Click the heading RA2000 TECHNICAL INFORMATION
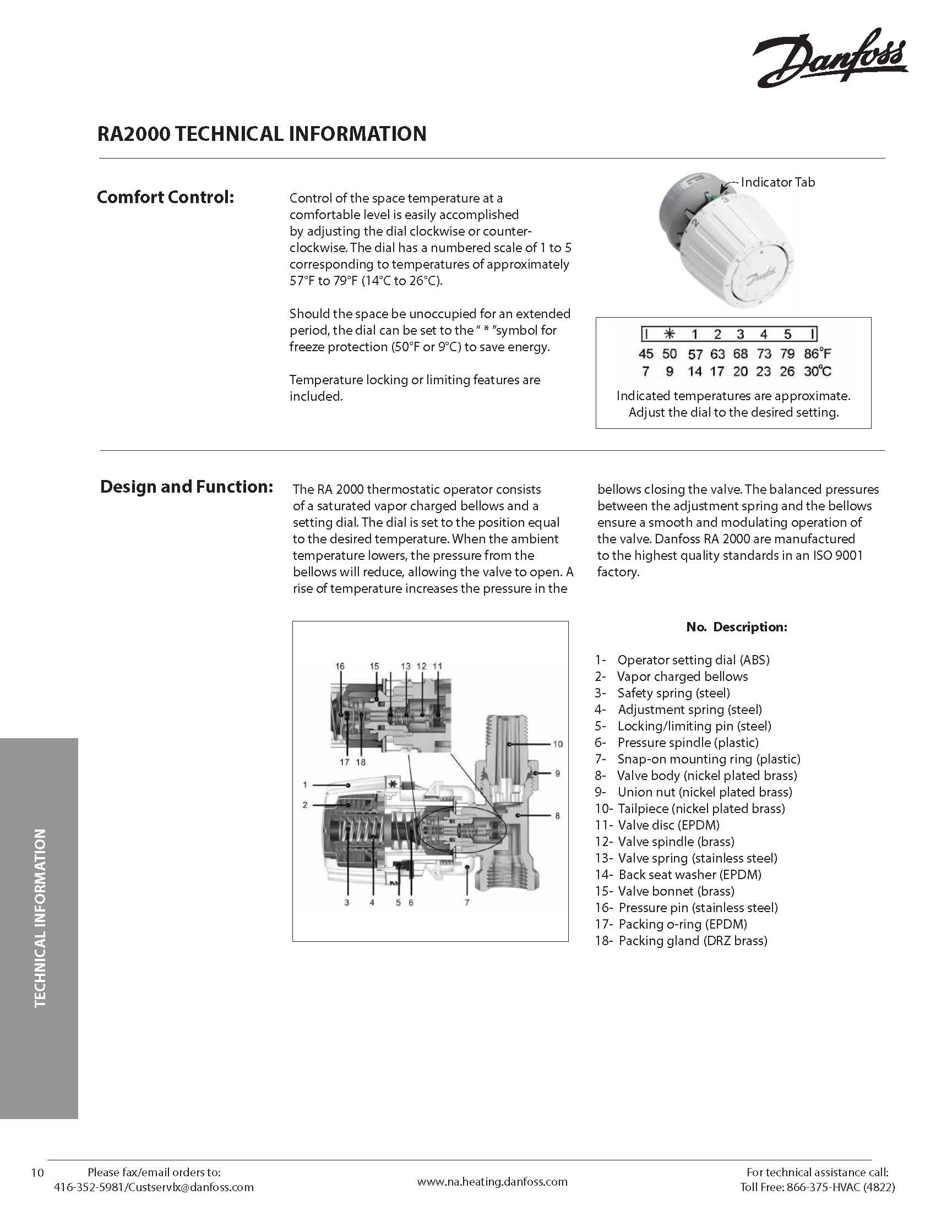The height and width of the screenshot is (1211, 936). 262,134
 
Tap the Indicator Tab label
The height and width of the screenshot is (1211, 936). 777,182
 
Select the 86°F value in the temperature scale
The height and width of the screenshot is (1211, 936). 818,353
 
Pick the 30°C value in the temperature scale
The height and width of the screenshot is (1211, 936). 818,371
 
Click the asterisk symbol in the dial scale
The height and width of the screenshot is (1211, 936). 670,334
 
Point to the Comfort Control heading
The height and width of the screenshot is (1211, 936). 165,197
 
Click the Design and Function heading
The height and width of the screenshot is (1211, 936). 186,486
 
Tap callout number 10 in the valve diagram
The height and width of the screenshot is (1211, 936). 557,744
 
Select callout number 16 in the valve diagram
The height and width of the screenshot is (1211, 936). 340,666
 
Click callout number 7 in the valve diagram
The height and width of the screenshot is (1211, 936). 467,902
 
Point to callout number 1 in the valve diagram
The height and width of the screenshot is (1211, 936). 305,784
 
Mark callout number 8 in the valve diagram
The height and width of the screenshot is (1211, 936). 557,816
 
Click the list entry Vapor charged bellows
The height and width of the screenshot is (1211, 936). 682,677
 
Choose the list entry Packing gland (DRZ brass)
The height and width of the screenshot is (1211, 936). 693,940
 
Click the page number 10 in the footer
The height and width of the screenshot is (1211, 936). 37,1171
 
